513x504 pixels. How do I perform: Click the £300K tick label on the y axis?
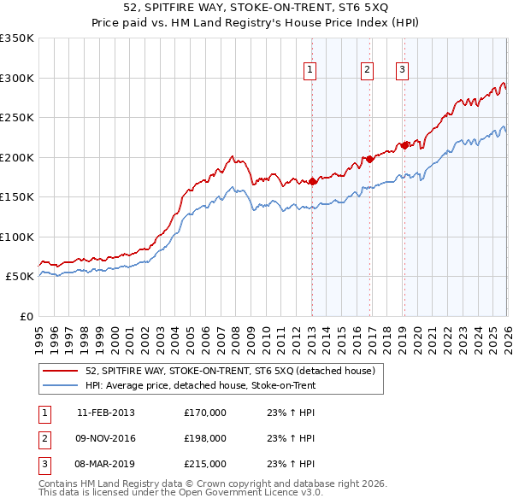(17, 78)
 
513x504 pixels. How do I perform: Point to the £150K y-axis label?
(17, 197)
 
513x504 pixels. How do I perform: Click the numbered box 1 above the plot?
(309, 71)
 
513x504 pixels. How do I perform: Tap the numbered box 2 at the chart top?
(367, 71)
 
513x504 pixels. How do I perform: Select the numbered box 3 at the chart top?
(402, 71)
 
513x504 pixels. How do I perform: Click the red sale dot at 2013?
(313, 181)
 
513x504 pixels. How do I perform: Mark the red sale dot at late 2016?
(369, 159)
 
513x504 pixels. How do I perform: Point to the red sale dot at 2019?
(404, 145)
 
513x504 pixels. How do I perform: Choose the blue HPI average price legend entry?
(200, 385)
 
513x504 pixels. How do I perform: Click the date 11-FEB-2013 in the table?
(106, 413)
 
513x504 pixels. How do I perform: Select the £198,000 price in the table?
(205, 438)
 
